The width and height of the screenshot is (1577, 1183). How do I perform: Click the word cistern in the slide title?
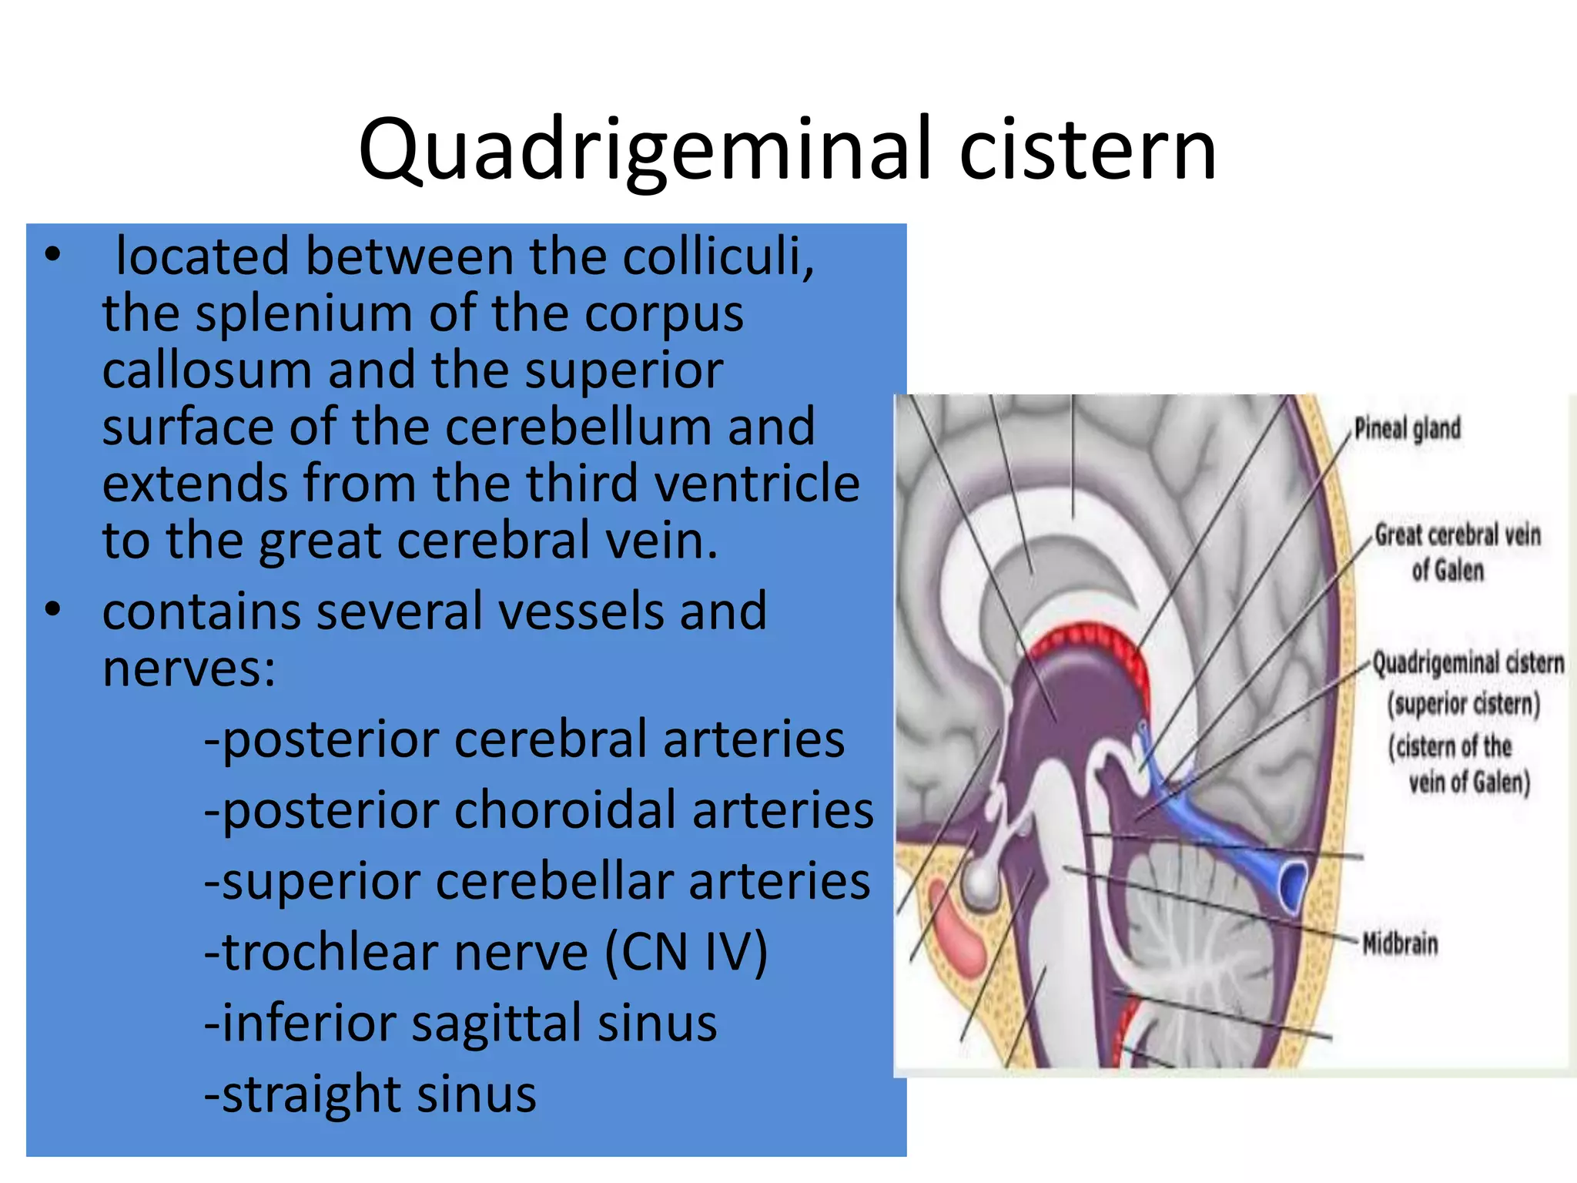click(x=1087, y=150)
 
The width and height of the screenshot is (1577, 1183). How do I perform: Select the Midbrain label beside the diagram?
click(x=1400, y=943)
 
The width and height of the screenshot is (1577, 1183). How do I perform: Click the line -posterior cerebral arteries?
click(x=524, y=739)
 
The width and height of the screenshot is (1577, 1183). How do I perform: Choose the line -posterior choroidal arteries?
click(x=539, y=811)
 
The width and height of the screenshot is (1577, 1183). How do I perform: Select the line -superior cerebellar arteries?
click(x=537, y=882)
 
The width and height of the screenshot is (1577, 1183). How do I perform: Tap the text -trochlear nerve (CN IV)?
click(x=486, y=953)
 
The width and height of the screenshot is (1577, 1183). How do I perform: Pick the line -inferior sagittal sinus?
click(x=460, y=1024)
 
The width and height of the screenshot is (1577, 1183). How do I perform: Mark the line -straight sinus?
click(x=370, y=1094)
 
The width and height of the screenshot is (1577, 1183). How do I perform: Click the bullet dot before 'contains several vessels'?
click(x=52, y=610)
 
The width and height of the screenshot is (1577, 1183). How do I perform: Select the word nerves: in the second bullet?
click(x=189, y=668)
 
